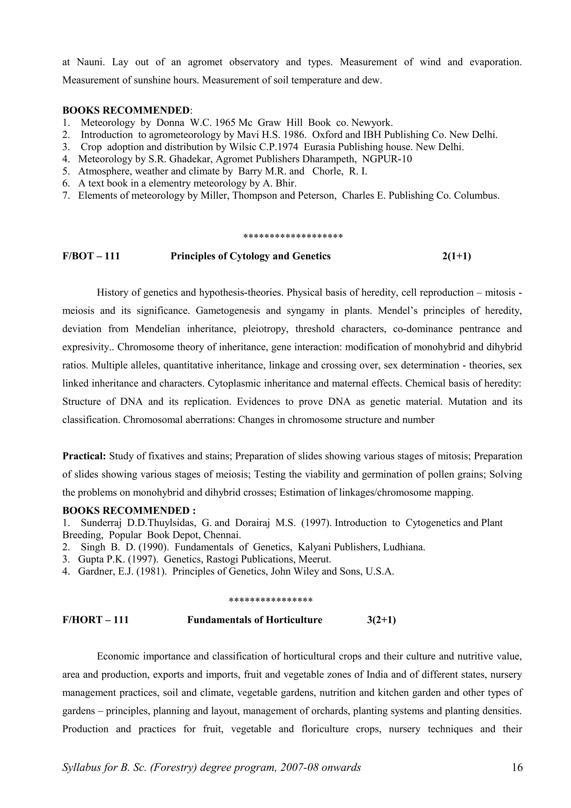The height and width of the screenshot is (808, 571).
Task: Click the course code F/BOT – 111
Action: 91,256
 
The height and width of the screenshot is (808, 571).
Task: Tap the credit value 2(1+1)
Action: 456,256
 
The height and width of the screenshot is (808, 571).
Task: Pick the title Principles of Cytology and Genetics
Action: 250,256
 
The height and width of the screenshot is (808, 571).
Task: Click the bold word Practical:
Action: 84,456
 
